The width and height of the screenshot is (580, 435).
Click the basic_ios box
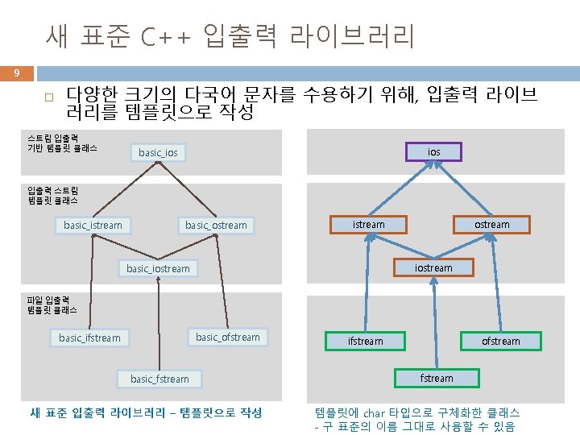(x=158, y=152)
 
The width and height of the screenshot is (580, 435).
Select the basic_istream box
(x=93, y=225)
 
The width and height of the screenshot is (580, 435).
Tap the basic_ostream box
(x=216, y=225)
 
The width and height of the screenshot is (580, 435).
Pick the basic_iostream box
(x=158, y=268)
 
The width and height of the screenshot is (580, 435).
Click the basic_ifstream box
(x=89, y=338)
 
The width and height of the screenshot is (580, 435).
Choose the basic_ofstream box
(x=228, y=337)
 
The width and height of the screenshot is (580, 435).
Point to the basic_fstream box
(x=159, y=379)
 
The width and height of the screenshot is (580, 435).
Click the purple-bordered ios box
(x=434, y=151)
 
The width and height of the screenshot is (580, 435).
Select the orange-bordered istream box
(x=369, y=224)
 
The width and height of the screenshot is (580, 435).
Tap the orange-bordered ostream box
(x=492, y=224)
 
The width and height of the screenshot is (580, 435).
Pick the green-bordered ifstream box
(x=365, y=342)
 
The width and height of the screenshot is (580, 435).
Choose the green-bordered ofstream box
(x=501, y=342)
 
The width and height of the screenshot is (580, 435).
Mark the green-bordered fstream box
(x=437, y=378)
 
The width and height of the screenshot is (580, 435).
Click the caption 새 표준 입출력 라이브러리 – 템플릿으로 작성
(x=146, y=412)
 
